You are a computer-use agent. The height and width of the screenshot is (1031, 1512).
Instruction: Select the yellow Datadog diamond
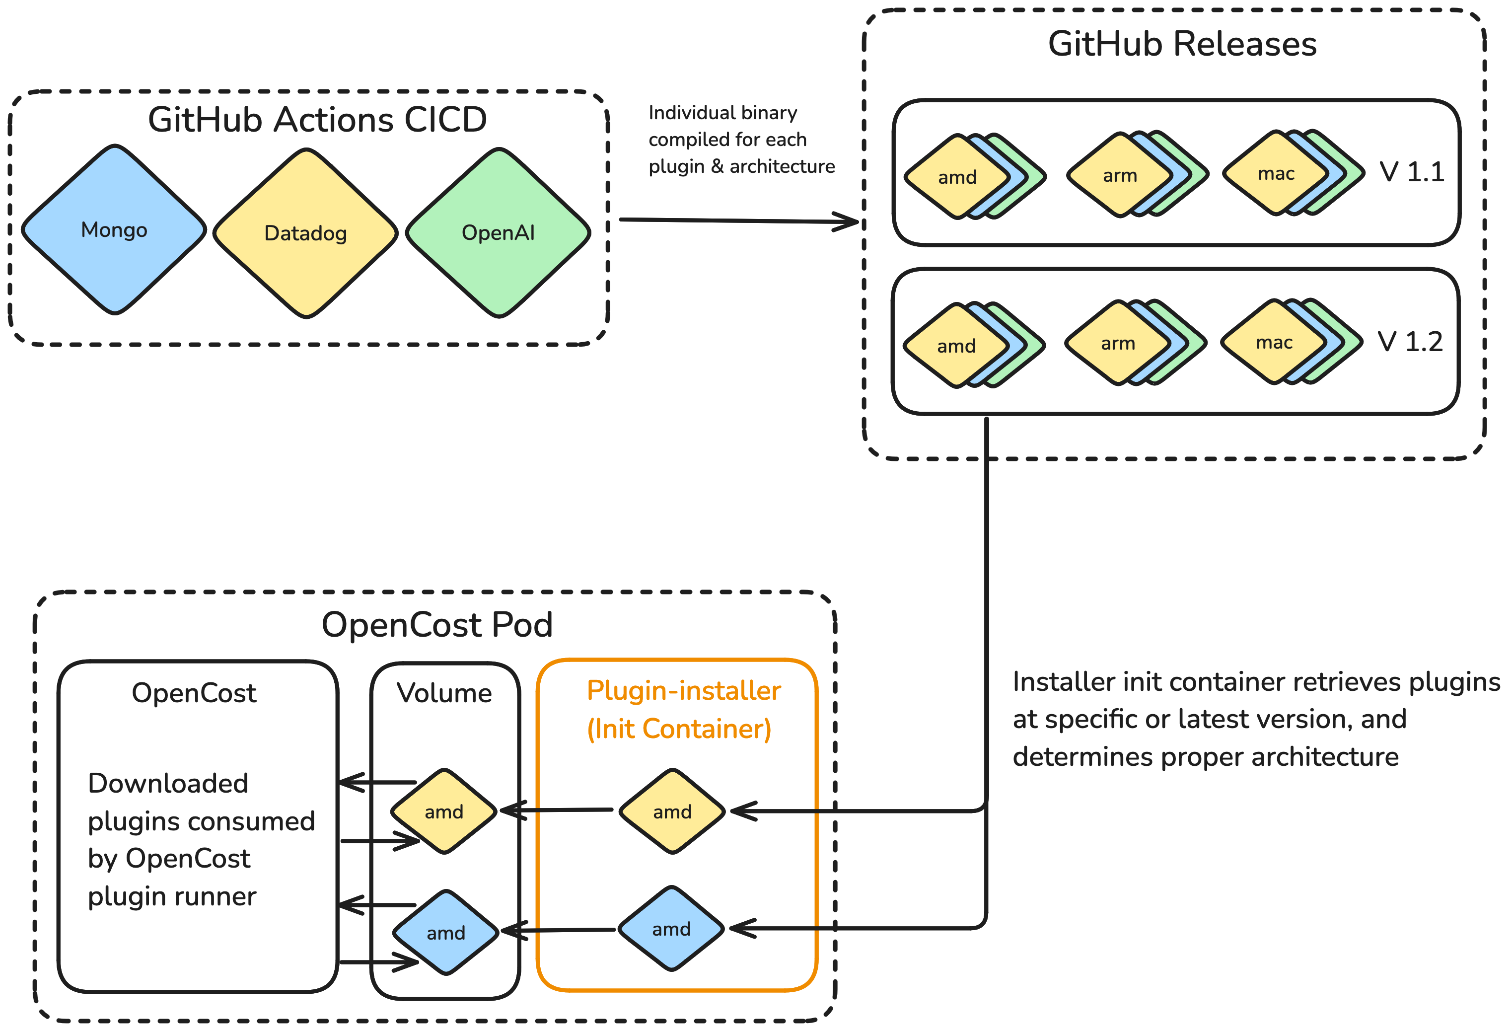[x=305, y=233]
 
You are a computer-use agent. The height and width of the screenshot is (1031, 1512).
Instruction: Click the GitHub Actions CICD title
[x=317, y=120]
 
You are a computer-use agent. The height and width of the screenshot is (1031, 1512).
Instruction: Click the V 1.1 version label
[x=1411, y=172]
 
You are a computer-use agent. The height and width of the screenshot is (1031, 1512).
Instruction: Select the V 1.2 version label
[x=1409, y=342]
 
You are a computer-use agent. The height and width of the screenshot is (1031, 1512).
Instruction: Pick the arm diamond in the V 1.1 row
[x=1119, y=175]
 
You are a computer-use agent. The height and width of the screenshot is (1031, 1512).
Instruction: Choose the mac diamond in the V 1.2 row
[x=1273, y=342]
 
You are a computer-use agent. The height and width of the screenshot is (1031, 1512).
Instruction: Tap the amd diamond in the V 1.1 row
[x=956, y=177]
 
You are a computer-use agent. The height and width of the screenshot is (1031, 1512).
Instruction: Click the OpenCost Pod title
[x=436, y=625]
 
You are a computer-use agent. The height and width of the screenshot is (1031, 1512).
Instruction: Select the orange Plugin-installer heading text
[x=683, y=691]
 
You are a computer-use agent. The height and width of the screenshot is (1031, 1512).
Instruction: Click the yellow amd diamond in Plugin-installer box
[x=671, y=811]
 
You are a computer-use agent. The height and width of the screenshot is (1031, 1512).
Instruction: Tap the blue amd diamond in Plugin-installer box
[x=671, y=929]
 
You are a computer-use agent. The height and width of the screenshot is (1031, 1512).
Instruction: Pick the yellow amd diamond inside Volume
[x=444, y=811]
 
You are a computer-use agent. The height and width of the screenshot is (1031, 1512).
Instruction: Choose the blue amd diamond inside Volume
[x=446, y=933]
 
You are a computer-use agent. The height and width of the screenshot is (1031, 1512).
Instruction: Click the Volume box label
[x=444, y=693]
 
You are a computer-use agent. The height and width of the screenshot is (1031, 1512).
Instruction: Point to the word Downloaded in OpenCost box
[x=168, y=784]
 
